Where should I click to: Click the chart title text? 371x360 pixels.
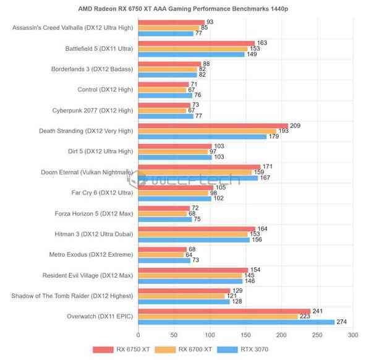185,9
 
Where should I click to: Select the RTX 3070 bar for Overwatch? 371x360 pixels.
236,322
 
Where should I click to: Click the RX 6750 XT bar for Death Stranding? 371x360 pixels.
213,126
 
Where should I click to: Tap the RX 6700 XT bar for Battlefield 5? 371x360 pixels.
194,48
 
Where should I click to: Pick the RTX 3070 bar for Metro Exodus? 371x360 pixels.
165,260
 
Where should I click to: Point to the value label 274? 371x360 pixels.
341,322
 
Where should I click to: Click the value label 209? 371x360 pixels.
295,126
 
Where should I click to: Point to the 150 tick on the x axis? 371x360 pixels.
246,335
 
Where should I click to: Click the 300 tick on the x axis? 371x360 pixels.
353,335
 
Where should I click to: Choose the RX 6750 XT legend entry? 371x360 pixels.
121,350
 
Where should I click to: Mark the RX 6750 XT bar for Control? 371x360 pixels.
164,84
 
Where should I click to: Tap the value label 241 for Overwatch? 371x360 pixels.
318,311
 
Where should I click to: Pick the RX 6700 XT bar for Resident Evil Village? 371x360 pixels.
190,275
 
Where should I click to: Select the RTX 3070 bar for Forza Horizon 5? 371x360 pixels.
166,219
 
